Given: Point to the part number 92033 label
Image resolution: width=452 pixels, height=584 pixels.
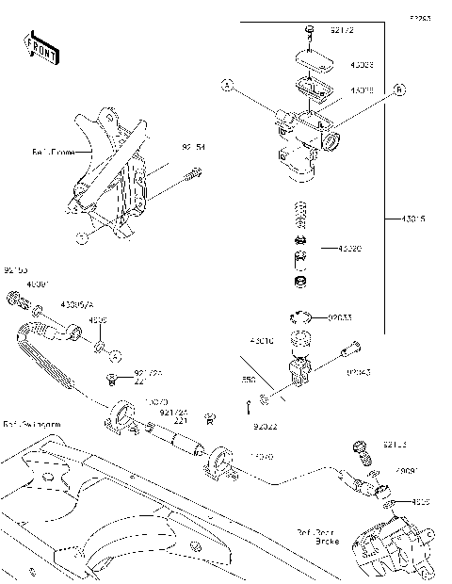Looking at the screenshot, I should (x=340, y=318).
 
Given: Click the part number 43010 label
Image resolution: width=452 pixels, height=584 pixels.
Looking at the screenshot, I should (x=262, y=339).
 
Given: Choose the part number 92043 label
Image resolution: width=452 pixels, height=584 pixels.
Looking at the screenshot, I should (x=357, y=372).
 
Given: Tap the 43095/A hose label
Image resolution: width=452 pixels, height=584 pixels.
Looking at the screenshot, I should (x=76, y=305).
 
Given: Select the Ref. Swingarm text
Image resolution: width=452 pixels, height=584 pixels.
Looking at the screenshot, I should (x=30, y=425).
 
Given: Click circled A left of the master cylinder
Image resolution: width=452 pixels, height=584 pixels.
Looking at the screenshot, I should (x=227, y=86).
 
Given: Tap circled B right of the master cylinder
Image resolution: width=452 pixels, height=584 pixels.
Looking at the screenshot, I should (x=398, y=89).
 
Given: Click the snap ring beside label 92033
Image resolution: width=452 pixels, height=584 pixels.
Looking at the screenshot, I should (x=303, y=317).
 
